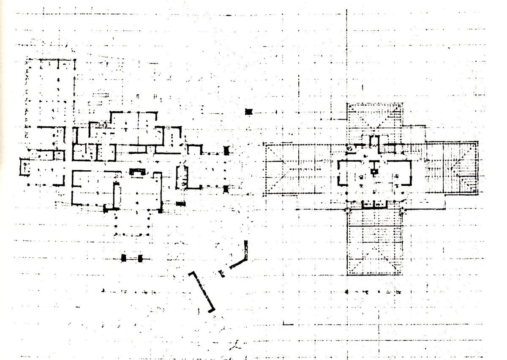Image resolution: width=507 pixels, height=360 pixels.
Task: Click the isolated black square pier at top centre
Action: (248, 112)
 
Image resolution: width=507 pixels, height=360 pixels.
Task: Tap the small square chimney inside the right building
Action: (373, 171)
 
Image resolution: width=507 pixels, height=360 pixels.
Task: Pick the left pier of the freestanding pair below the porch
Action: (124, 258)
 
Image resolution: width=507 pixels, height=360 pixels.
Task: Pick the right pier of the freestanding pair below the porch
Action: (141, 258)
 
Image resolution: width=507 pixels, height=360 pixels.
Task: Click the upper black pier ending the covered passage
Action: (226, 150)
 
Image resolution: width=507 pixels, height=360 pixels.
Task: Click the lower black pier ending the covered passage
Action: (226, 188)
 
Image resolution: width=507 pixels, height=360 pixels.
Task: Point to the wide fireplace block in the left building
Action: (137, 172)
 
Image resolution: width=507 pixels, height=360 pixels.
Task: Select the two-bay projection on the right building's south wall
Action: (375, 205)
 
